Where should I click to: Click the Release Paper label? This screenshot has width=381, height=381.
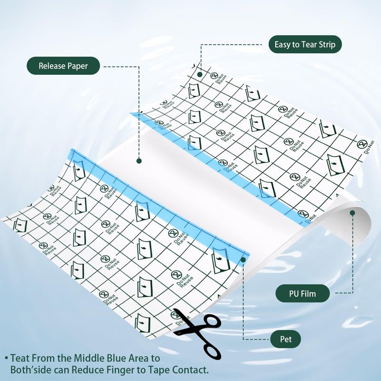63,66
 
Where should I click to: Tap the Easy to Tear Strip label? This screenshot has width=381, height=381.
305,44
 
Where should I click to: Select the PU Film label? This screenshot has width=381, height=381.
302,293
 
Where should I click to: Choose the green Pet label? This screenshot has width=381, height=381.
285,339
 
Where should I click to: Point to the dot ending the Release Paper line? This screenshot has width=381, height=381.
139,160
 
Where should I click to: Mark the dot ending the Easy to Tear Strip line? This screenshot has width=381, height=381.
200,74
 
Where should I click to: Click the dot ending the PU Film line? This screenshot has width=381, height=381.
352,213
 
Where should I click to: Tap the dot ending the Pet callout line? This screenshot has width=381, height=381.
243,260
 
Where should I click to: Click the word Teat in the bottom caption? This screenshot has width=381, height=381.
20,359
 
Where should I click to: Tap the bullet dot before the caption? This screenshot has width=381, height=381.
7,359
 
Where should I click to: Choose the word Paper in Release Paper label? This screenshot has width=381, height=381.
78,66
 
